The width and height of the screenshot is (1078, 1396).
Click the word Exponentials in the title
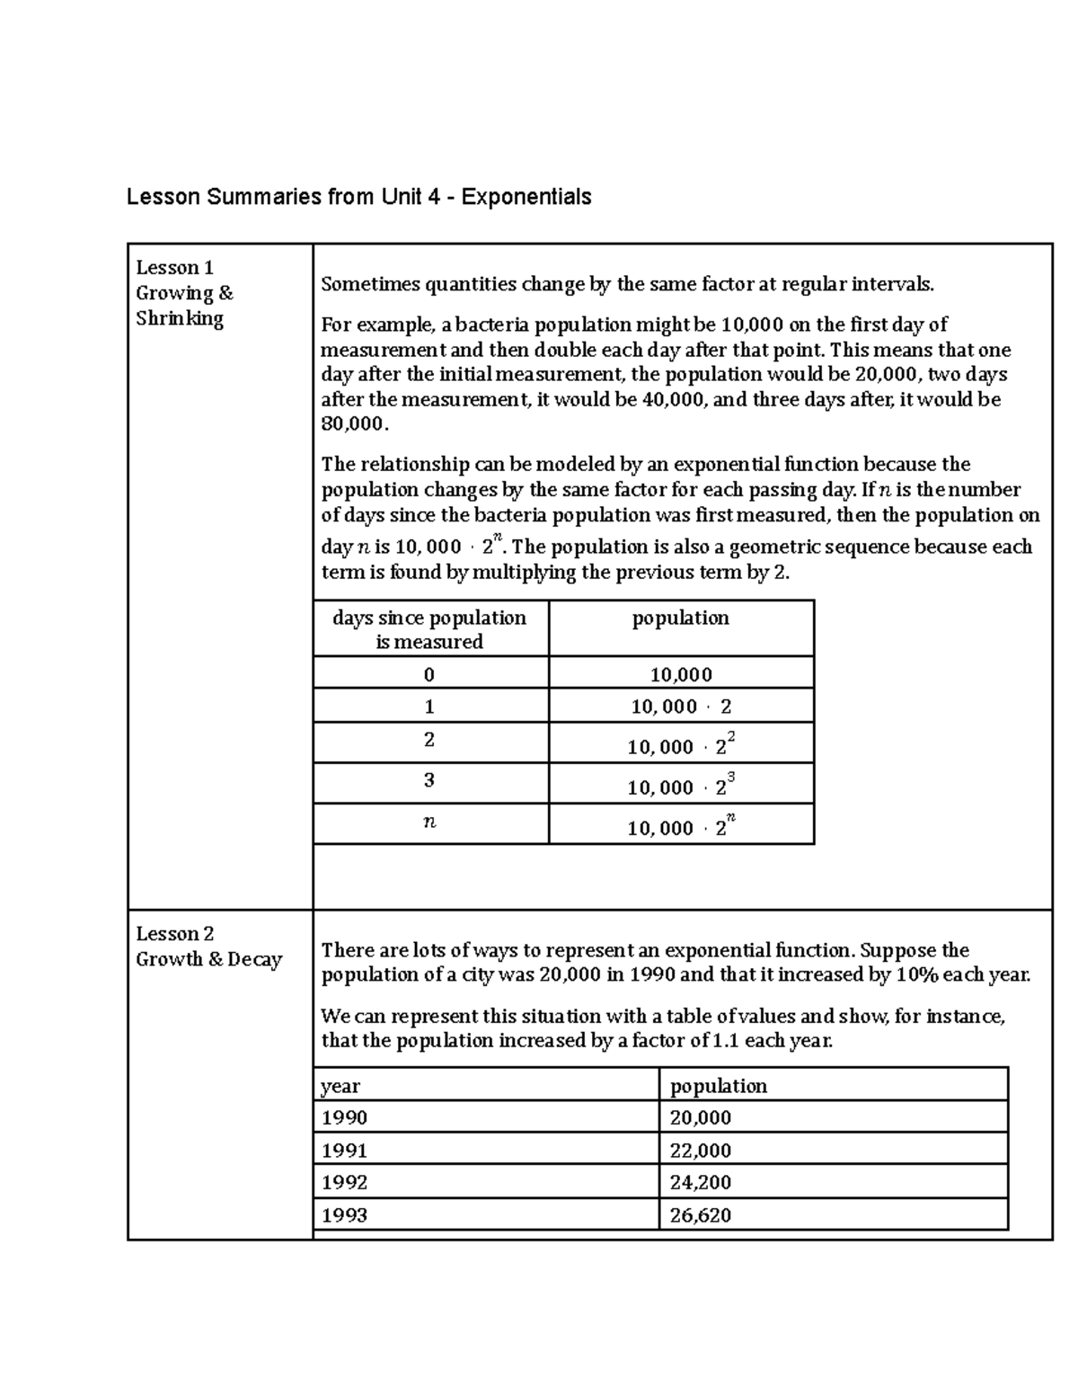point(526,197)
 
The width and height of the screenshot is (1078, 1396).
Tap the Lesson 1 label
point(174,268)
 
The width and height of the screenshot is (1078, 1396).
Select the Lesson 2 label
point(174,934)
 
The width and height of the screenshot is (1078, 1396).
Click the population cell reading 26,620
point(701,1215)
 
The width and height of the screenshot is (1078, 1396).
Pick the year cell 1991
point(345,1151)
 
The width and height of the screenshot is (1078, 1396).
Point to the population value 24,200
point(701,1183)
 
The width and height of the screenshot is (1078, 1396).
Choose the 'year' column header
point(340,1086)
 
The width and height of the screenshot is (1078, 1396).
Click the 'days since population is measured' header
point(429,629)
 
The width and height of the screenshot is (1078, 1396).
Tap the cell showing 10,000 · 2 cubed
point(681,786)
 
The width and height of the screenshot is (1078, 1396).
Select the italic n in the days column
point(429,822)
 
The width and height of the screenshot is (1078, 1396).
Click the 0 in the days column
point(429,674)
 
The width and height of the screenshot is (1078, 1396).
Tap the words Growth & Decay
point(208,959)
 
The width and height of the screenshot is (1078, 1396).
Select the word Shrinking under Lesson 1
point(180,318)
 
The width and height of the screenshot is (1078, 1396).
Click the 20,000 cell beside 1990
point(701,1118)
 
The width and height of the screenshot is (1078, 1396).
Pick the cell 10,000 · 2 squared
point(681,745)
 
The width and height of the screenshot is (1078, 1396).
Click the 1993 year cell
point(345,1215)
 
